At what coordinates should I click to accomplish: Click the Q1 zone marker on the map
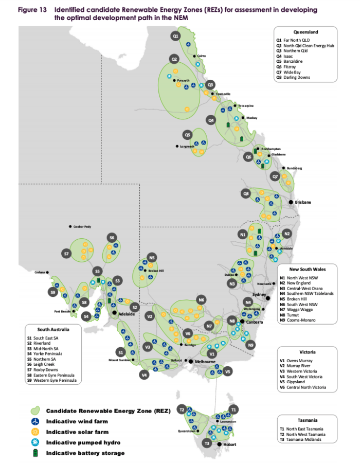175,36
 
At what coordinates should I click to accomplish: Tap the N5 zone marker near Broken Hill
152,257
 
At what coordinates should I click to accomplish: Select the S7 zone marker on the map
66,254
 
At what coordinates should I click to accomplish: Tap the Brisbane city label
303,202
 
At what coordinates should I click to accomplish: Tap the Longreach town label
187,146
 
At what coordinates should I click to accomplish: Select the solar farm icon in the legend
35,432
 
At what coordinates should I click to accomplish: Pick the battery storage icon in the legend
35,453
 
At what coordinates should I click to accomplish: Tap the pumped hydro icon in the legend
35,442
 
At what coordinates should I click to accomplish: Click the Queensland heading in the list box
305,31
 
